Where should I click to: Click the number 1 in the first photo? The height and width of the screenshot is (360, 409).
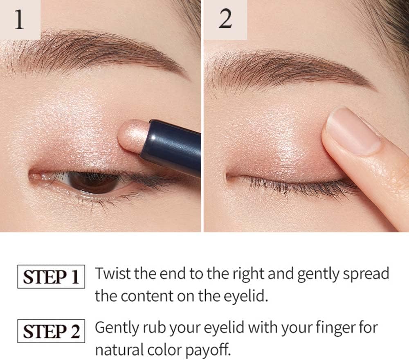pyautogui.click(x=19, y=20)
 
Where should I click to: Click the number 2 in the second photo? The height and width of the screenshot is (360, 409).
pyautogui.click(x=225, y=19)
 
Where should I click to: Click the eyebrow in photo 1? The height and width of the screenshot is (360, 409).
pyautogui.click(x=94, y=52)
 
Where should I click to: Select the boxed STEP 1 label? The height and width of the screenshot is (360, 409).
pyautogui.click(x=51, y=277)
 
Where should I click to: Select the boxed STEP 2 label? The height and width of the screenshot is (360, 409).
pyautogui.click(x=51, y=331)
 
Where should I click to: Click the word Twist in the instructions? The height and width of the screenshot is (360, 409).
pyautogui.click(x=113, y=274)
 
